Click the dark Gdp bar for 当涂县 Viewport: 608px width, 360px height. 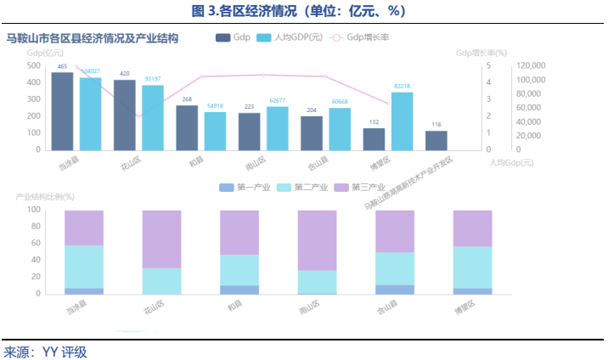pyautogui.click(x=62, y=110)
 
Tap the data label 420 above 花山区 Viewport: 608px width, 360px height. pyautogui.click(x=124, y=74)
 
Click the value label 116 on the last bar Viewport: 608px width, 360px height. pyautogui.click(x=436, y=125)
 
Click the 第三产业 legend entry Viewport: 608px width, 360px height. pyautogui.click(x=360, y=187)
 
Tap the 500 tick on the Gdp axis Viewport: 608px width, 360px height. pyautogui.click(x=32, y=65)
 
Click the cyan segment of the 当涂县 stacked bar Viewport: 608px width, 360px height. pyautogui.click(x=84, y=267)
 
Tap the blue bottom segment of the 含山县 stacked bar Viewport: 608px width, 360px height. pyautogui.click(x=395, y=290)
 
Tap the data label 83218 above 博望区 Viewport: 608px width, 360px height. pyautogui.click(x=403, y=87)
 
